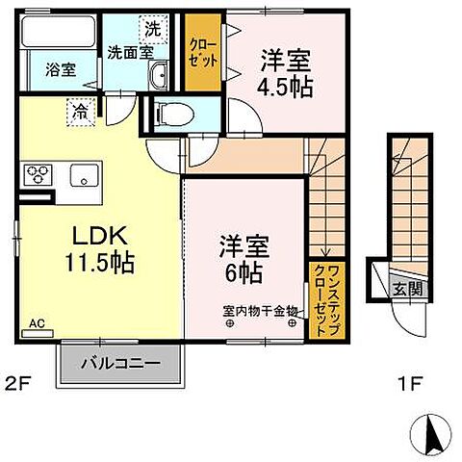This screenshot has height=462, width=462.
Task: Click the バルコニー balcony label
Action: coord(120,365)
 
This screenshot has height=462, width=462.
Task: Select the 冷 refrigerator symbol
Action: coord(79,112)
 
